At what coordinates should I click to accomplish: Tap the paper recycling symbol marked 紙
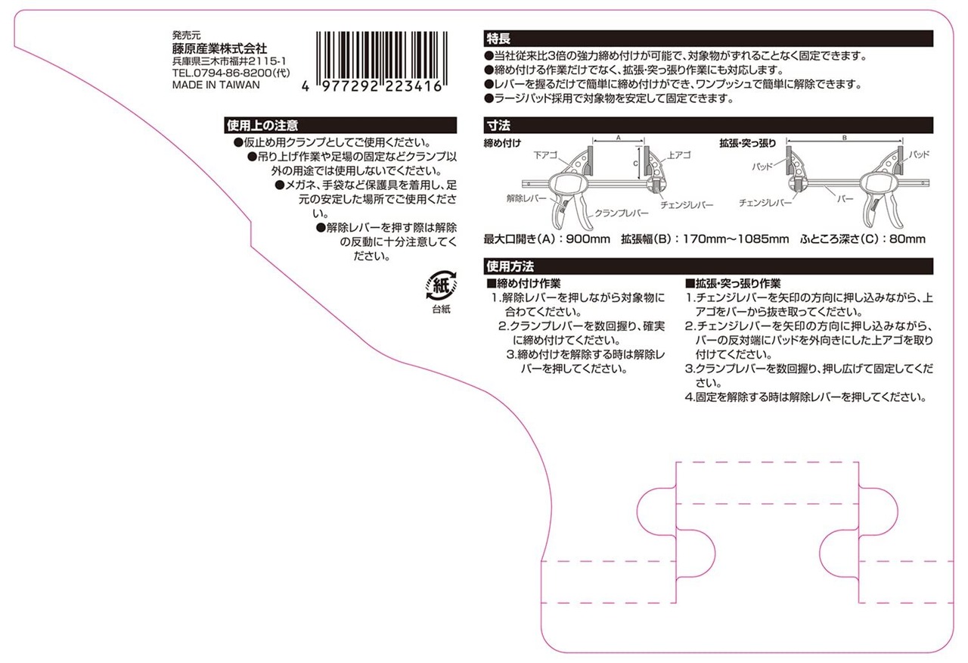pyautogui.click(x=442, y=286)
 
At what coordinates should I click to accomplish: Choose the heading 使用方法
pyautogui.click(x=510, y=266)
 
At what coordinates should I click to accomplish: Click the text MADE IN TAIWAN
pyautogui.click(x=216, y=85)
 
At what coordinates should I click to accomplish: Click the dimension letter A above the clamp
pyautogui.click(x=618, y=139)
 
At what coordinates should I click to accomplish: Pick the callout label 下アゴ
pyautogui.click(x=544, y=154)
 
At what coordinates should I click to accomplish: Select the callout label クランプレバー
pyautogui.click(x=622, y=213)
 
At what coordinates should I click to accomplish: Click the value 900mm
pyautogui.click(x=588, y=239)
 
